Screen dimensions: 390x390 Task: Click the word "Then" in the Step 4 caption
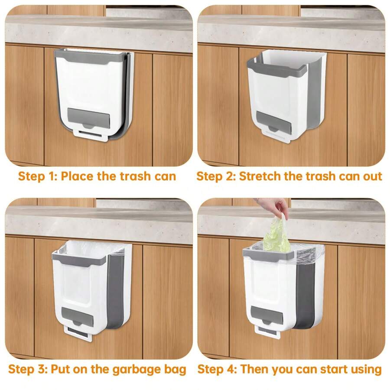tap(255, 370)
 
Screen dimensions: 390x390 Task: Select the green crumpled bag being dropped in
tap(277, 236)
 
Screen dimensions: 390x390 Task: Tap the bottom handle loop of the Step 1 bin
tap(90, 132)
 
